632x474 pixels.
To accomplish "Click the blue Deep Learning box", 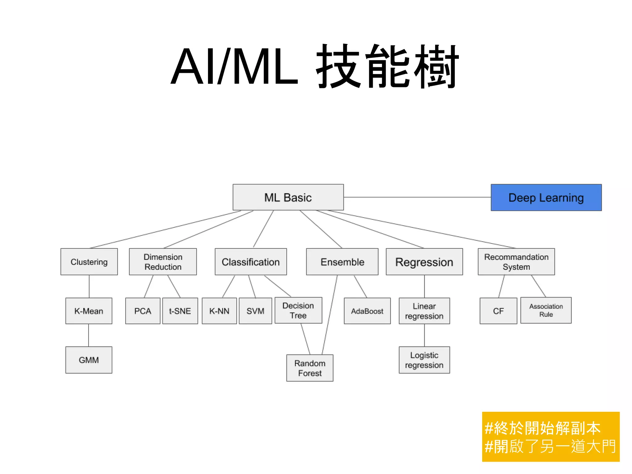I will (546, 197).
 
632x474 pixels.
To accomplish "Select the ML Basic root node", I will (288, 197).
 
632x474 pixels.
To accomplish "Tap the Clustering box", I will (89, 262).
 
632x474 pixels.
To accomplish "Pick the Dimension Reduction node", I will (163, 262).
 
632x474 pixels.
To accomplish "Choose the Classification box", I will (251, 262).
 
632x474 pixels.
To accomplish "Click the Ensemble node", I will (342, 262).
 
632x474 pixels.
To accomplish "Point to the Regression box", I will (424, 262).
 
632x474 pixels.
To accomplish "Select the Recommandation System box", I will (516, 262).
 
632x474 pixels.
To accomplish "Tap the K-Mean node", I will (89, 311).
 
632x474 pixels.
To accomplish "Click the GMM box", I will (89, 360).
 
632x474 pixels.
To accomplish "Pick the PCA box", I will (143, 311).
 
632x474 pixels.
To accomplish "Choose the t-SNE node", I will (180, 311).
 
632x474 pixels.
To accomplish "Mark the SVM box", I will (255, 311).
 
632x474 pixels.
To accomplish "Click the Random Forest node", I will (310, 368).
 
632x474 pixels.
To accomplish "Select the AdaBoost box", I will (367, 311).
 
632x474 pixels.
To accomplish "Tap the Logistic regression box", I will (424, 360).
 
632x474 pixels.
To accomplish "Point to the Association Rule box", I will (546, 310).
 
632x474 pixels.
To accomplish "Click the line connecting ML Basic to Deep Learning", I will (417, 197).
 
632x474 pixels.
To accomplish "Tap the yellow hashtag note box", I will (551, 437).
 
